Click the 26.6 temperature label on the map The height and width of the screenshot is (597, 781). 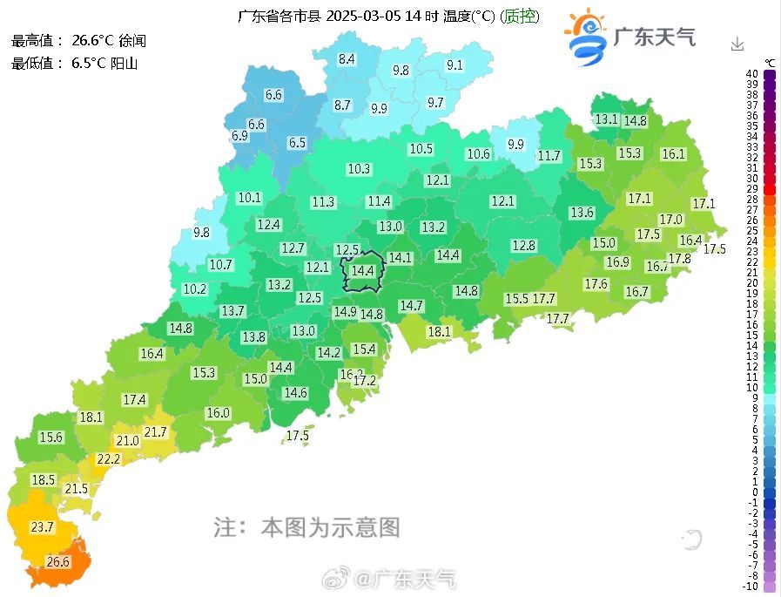pyautogui.click(x=57, y=562)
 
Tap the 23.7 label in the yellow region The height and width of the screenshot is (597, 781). pyautogui.click(x=42, y=527)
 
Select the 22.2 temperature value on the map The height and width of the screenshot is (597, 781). pyautogui.click(x=108, y=459)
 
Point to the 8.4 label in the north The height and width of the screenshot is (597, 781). pyautogui.click(x=347, y=59)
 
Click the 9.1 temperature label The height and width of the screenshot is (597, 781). pyautogui.click(x=454, y=65)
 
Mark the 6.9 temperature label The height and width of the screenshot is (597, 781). pyautogui.click(x=239, y=136)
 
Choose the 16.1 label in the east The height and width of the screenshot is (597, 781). pyautogui.click(x=673, y=154)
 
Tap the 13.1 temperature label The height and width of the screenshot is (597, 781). pyautogui.click(x=605, y=119)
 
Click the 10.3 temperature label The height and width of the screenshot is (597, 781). pyautogui.click(x=359, y=169)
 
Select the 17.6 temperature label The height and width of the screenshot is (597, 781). pyautogui.click(x=596, y=284)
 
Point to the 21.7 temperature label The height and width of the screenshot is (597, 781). pyautogui.click(x=155, y=432)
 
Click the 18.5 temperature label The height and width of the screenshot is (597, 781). pyautogui.click(x=44, y=480)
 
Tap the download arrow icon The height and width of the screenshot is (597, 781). pyautogui.click(x=737, y=44)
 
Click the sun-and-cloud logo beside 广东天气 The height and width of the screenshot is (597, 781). pyautogui.click(x=586, y=37)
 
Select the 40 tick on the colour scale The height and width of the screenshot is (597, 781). pyautogui.click(x=751, y=74)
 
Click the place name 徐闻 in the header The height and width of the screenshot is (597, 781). pyautogui.click(x=132, y=41)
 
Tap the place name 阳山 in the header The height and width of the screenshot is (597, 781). pyautogui.click(x=125, y=63)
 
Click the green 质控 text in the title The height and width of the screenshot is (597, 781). pyautogui.click(x=521, y=16)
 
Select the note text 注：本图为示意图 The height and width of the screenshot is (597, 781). pyautogui.click(x=306, y=526)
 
